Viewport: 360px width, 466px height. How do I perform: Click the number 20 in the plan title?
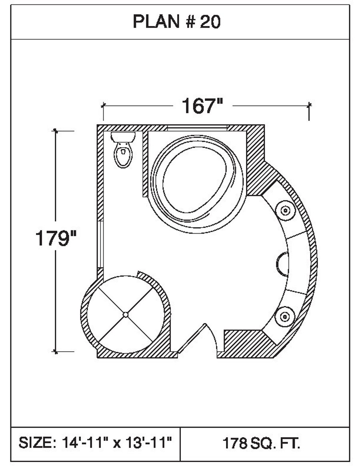click(x=210, y=22)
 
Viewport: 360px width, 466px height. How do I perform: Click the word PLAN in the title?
click(x=156, y=22)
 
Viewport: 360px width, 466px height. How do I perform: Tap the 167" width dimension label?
click(x=202, y=106)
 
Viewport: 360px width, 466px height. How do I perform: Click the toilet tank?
click(x=123, y=137)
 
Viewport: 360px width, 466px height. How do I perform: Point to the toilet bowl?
click(x=123, y=155)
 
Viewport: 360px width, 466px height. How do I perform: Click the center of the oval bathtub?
click(x=196, y=181)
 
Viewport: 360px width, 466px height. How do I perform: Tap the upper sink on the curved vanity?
click(x=285, y=210)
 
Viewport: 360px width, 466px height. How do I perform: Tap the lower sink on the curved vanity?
click(x=285, y=317)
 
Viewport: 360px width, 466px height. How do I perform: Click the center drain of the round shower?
click(x=126, y=314)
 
